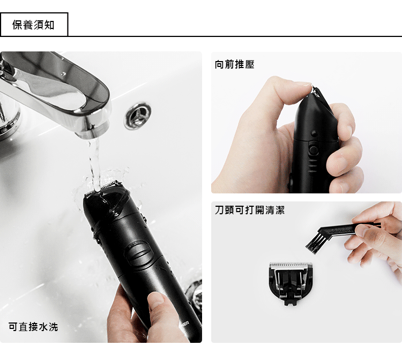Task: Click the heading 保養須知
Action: (x=33, y=25)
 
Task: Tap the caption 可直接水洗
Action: (x=33, y=327)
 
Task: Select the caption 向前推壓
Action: (x=235, y=64)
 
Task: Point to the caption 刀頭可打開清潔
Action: (x=250, y=210)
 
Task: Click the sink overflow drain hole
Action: (x=138, y=116)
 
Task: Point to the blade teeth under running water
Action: (x=102, y=187)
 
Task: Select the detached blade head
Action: (x=291, y=283)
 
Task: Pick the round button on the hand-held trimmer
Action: (x=313, y=133)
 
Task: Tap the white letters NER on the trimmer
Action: (x=185, y=324)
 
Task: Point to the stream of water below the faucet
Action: (x=94, y=164)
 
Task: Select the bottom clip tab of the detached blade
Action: (x=291, y=302)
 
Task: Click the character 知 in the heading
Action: (x=49, y=25)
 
